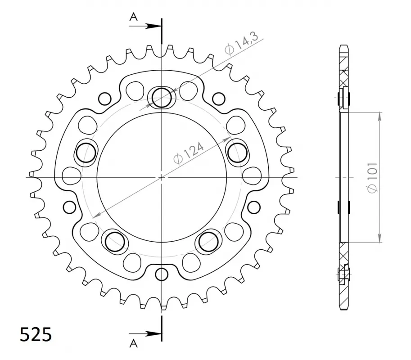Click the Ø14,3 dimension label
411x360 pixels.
point(241,44)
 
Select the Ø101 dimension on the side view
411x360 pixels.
point(372,177)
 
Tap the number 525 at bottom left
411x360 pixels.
point(36,335)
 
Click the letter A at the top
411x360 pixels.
point(134,17)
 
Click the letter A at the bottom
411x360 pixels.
point(134,343)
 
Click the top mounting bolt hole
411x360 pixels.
point(162,98)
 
